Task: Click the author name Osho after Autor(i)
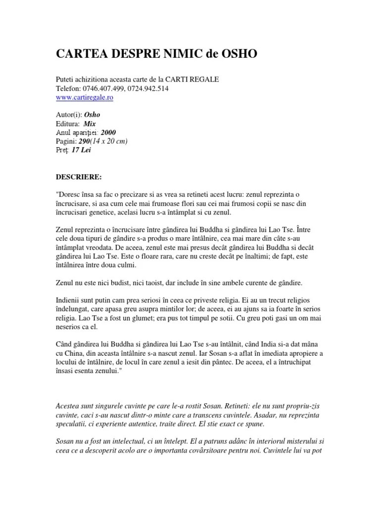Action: (93, 115)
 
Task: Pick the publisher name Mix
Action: (90, 124)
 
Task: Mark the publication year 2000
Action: (108, 133)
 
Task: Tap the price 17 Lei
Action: (81, 150)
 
